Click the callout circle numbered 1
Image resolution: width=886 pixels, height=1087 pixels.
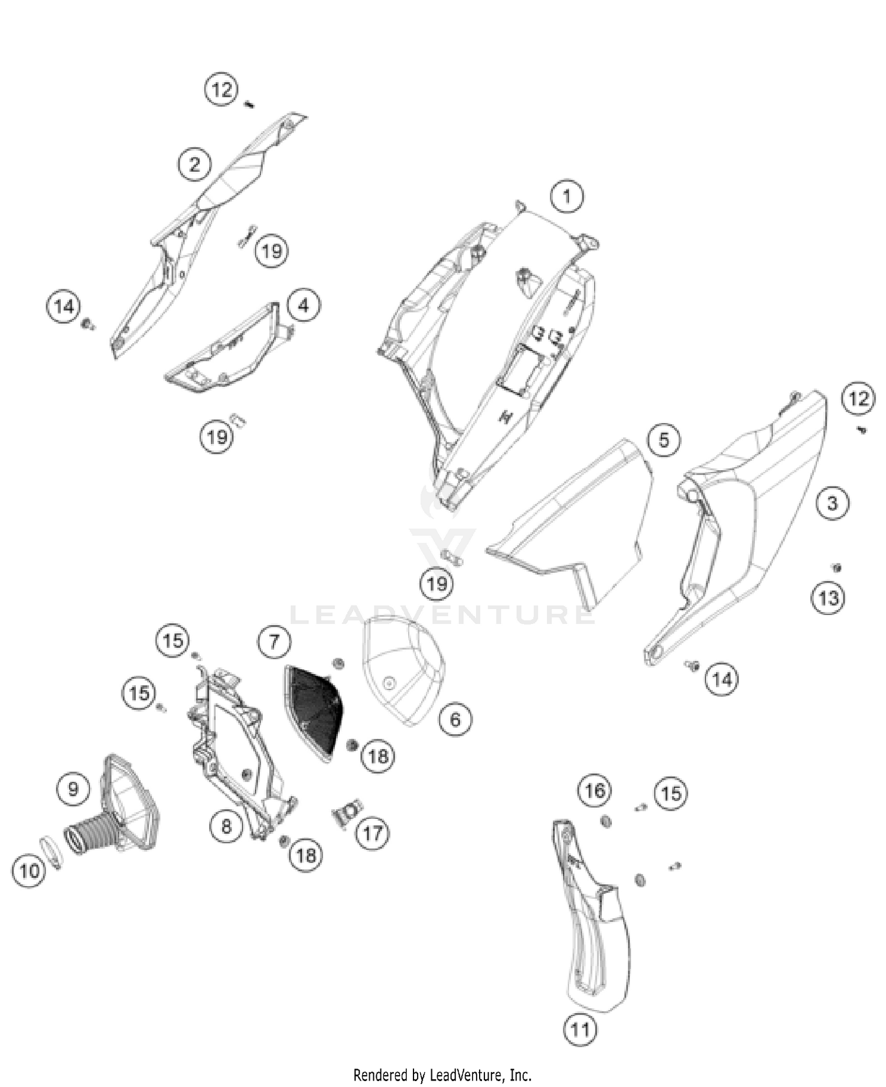pyautogui.click(x=567, y=196)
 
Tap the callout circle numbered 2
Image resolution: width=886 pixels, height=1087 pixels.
pyautogui.click(x=195, y=164)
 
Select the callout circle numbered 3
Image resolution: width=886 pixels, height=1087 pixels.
pyautogui.click(x=832, y=503)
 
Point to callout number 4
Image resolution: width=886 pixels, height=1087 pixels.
pyautogui.click(x=304, y=305)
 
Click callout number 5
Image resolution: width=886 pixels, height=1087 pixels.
pyautogui.click(x=664, y=440)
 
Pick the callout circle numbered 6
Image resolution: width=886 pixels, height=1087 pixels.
pyautogui.click(x=455, y=720)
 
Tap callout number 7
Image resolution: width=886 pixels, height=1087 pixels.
pyautogui.click(x=274, y=642)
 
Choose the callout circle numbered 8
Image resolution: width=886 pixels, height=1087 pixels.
pyautogui.click(x=227, y=826)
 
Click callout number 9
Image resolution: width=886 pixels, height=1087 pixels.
pyautogui.click(x=73, y=789)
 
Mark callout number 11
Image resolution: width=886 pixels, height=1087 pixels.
pyautogui.click(x=580, y=1030)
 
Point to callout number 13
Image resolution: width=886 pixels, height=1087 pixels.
pyautogui.click(x=828, y=598)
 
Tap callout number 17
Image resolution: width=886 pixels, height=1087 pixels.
pyautogui.click(x=373, y=834)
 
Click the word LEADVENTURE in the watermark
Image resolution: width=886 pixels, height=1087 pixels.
pyautogui.click(x=442, y=614)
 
